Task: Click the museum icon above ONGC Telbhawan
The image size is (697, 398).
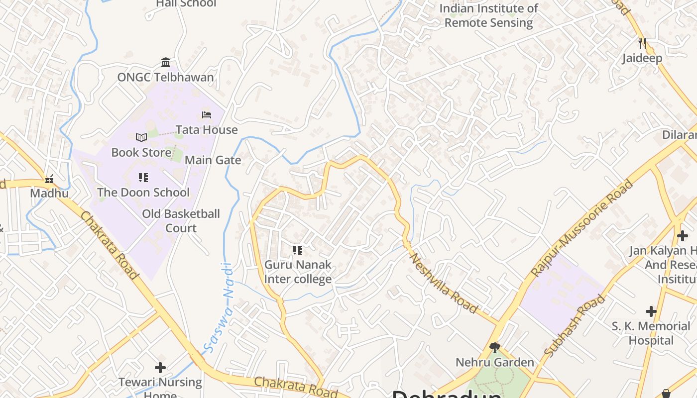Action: pyautogui.click(x=166, y=62)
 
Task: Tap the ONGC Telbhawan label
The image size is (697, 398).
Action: pyautogui.click(x=165, y=77)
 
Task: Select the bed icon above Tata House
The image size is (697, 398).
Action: pyautogui.click(x=207, y=115)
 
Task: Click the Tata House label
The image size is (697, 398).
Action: pyautogui.click(x=207, y=130)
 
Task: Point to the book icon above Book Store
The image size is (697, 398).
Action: pyautogui.click(x=141, y=137)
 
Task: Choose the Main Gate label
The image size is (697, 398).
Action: pyautogui.click(x=213, y=160)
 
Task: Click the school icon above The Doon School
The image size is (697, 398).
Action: pyautogui.click(x=143, y=178)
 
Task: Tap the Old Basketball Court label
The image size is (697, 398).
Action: pyautogui.click(x=181, y=221)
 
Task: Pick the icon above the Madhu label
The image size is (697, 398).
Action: pyautogui.click(x=49, y=179)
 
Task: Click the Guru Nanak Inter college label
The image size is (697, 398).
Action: pyautogui.click(x=298, y=272)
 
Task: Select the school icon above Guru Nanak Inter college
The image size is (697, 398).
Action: pyautogui.click(x=298, y=250)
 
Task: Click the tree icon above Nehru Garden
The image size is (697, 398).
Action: pyautogui.click(x=495, y=347)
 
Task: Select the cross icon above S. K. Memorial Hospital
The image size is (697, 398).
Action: pyautogui.click(x=651, y=311)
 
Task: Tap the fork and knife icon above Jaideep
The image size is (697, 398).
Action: pyautogui.click(x=642, y=43)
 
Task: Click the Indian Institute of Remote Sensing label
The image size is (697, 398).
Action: pyautogui.click(x=488, y=15)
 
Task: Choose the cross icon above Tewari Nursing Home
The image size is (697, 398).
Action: pyautogui.click(x=160, y=368)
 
